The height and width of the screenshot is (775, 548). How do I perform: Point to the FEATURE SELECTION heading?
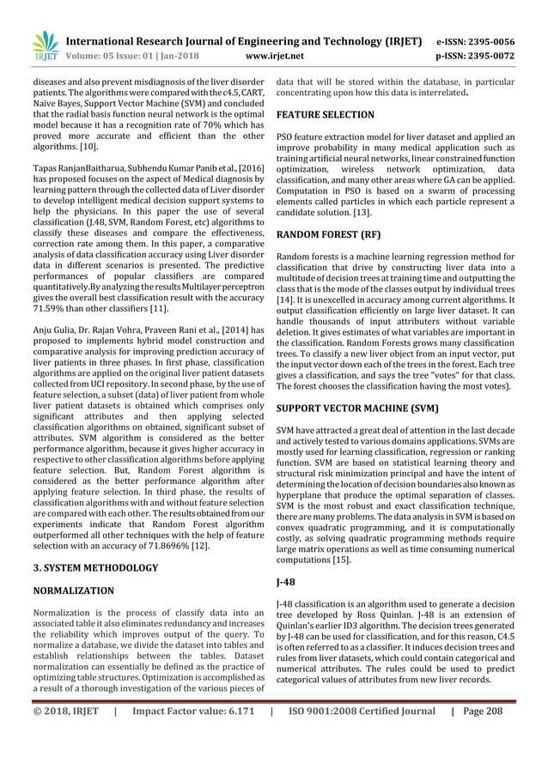tap(325, 114)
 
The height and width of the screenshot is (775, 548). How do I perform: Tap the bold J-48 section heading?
tap(286, 581)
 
